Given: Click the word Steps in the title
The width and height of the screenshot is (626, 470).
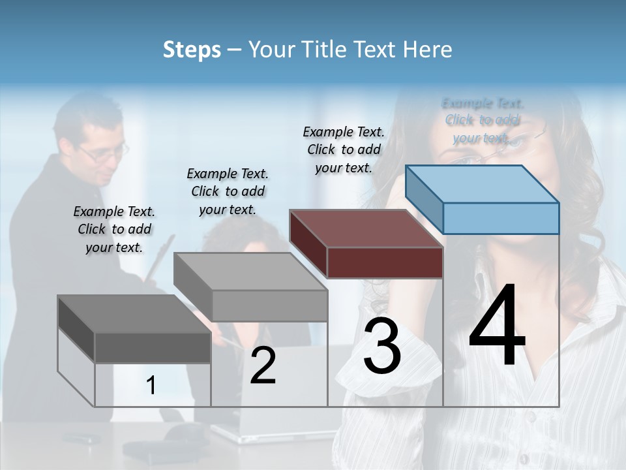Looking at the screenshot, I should [191, 50].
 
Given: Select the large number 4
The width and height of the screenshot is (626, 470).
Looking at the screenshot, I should [497, 326].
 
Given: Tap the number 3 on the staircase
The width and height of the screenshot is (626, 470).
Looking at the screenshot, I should [382, 346].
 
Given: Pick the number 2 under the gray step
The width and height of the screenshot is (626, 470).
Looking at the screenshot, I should [263, 366].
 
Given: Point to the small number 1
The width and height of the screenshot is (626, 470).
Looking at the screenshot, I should [151, 386].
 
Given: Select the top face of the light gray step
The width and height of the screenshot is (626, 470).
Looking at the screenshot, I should [250, 272].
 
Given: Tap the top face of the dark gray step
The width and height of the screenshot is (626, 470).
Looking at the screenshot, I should [134, 313].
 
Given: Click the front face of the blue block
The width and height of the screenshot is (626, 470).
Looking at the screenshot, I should [501, 218].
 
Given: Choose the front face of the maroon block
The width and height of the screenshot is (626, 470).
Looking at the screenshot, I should [385, 262].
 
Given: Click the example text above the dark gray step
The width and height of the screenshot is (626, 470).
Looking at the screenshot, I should [114, 229].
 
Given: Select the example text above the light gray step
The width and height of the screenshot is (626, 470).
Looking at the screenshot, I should [228, 191].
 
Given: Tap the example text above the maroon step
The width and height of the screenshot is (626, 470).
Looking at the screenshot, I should [344, 149].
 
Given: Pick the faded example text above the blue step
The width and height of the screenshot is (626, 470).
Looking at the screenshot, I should [483, 120].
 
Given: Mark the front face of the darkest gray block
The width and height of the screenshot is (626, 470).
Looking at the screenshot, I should [153, 347].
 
